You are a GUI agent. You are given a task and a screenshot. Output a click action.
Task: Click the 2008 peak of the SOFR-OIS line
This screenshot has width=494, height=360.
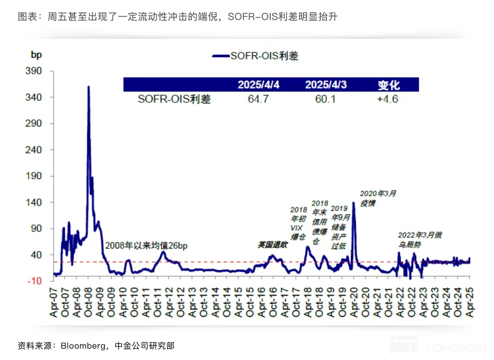89,87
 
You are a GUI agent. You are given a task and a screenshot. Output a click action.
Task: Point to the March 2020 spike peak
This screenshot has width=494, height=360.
353,203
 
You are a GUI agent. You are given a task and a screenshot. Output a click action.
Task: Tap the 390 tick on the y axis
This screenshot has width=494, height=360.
33,71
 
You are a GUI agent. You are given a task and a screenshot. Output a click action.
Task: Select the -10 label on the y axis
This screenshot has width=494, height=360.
34,281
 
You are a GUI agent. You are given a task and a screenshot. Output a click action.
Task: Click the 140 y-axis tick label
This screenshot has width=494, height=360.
33,202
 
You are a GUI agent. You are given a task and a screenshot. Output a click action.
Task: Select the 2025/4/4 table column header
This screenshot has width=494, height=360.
258,85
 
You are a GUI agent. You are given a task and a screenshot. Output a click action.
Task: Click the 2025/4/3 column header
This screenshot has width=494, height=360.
326,85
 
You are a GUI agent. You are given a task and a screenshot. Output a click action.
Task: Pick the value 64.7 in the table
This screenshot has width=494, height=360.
258,99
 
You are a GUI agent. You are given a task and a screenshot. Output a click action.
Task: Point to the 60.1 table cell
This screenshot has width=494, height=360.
325,99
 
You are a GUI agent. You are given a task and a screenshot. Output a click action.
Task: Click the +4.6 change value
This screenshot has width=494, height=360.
387,99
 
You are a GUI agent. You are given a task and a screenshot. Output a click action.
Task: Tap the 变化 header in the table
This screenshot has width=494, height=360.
389,85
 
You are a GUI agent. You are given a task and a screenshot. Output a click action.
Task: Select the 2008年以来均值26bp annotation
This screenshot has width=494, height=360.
146,245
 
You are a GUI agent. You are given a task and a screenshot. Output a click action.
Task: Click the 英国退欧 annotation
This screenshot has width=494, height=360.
272,245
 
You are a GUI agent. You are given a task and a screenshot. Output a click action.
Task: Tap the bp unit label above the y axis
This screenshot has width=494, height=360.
36,55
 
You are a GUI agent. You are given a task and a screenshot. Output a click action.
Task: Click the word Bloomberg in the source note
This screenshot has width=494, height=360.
83,346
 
